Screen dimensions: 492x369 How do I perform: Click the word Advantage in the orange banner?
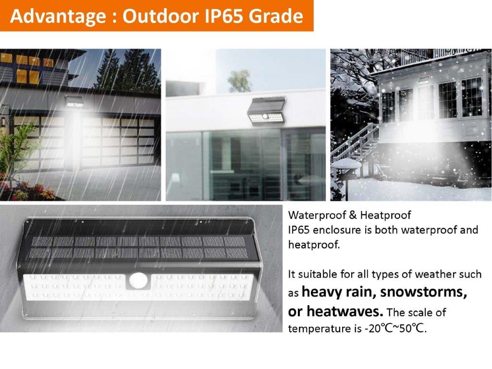pyautogui.click(x=58, y=16)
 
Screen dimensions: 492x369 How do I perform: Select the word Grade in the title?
pyautogui.click(x=276, y=16)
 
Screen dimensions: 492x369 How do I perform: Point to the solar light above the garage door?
pyautogui.click(x=74, y=101)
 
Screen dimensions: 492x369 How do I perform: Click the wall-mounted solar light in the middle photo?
pyautogui.click(x=266, y=111)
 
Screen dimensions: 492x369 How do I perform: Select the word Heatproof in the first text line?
pyautogui.click(x=385, y=215)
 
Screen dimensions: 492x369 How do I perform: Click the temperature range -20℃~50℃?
pyautogui.click(x=395, y=329)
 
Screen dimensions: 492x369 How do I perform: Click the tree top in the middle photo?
pyautogui.click(x=240, y=81)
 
